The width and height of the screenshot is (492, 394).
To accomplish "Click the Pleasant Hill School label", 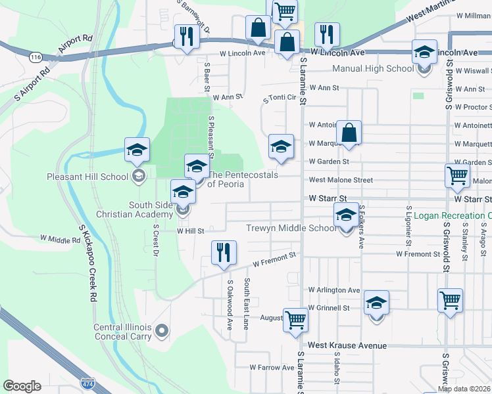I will (x=87, y=177).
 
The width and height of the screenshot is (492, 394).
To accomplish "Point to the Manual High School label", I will (x=373, y=68).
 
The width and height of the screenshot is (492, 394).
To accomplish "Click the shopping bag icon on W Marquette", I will (x=349, y=133).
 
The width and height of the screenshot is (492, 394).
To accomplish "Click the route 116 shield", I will (x=36, y=58).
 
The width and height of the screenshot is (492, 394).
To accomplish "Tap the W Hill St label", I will (x=191, y=231).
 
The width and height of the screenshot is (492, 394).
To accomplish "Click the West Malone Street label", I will (x=341, y=180).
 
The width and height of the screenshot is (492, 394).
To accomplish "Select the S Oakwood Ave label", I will (x=230, y=305).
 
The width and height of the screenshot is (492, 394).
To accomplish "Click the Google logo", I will (x=22, y=386).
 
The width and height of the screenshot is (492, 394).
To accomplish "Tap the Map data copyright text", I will (x=464, y=389).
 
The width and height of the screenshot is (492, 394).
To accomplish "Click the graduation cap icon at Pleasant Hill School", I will (x=137, y=150).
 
